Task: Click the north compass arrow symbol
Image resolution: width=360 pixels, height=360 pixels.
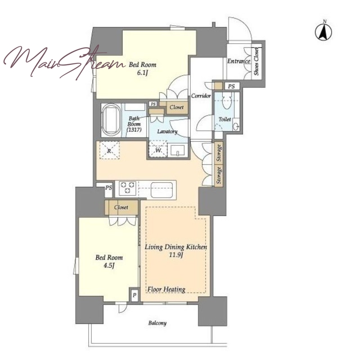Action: point(323,31)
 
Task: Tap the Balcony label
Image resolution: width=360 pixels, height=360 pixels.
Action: point(157,323)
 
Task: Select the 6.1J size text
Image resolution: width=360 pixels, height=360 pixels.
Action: point(142,73)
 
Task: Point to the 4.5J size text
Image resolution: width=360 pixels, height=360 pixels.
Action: point(109,265)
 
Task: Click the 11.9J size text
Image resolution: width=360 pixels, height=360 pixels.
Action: point(175,255)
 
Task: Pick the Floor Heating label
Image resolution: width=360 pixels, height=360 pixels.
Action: point(166,289)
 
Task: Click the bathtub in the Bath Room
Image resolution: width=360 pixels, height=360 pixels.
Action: point(111,119)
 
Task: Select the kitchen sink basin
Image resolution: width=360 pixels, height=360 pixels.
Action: point(162,189)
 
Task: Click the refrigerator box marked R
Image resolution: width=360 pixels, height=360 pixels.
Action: point(109,150)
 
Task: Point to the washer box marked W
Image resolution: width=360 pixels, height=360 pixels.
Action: point(158,150)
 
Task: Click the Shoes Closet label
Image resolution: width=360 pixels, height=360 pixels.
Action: point(256,61)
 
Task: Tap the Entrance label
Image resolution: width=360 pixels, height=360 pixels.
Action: point(239,61)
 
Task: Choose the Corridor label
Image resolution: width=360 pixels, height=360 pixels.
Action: point(201,96)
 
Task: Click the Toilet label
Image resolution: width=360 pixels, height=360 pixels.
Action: point(225,119)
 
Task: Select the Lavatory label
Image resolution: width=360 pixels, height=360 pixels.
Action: point(167,131)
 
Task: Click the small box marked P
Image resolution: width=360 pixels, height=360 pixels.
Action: point(134,296)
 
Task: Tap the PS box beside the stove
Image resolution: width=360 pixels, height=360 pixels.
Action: point(108,188)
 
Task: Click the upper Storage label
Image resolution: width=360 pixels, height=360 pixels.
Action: point(219,153)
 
